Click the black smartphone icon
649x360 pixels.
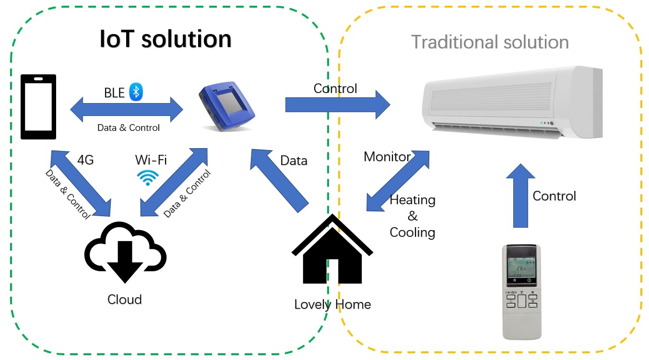pyautogui.click(x=38, y=106)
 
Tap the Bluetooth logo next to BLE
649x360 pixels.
pyautogui.click(x=136, y=93)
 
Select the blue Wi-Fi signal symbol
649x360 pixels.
pyautogui.click(x=148, y=177)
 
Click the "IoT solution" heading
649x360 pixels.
pyautogui.click(x=165, y=39)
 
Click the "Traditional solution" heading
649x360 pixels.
pyautogui.click(x=490, y=42)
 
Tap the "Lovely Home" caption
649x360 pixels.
pyautogui.click(x=332, y=304)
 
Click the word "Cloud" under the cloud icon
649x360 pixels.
pyautogui.click(x=124, y=300)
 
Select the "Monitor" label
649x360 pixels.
pyautogui.click(x=387, y=157)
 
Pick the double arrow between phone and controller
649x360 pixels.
pyautogui.click(x=127, y=110)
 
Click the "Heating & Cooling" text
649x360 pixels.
pyautogui.click(x=413, y=216)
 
